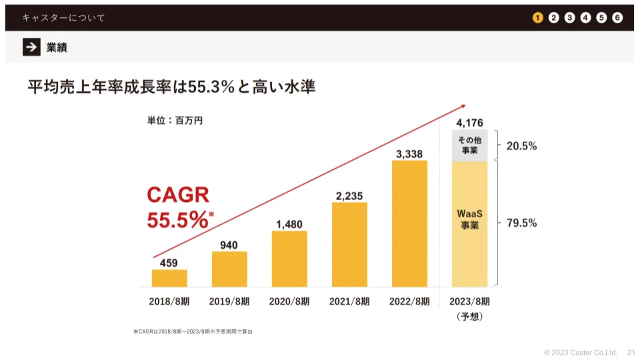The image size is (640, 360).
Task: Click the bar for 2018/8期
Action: pos(169,278)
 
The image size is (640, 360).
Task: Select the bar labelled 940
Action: pos(229,269)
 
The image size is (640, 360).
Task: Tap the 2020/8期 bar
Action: pos(289,259)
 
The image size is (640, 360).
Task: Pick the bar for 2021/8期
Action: pos(349,244)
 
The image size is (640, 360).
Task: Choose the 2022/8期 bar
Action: pos(409,223)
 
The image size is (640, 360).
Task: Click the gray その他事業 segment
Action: pos(469,145)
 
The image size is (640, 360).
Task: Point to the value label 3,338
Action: pos(409,153)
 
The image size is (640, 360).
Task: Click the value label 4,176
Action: pos(469,122)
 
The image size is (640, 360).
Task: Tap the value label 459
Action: pos(169,263)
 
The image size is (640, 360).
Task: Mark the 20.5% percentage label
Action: pos(522,145)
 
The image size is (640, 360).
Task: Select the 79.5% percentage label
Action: pos(522,223)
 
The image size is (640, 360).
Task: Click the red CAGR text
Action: pos(178,195)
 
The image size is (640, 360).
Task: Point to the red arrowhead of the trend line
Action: pos(462,105)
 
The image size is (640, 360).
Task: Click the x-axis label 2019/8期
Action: pos(229,301)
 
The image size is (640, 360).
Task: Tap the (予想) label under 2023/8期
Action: pos(469,317)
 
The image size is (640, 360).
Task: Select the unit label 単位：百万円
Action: pos(175,121)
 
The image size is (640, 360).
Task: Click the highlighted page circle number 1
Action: pos(538,17)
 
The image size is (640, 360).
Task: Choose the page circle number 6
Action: pos(617,17)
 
